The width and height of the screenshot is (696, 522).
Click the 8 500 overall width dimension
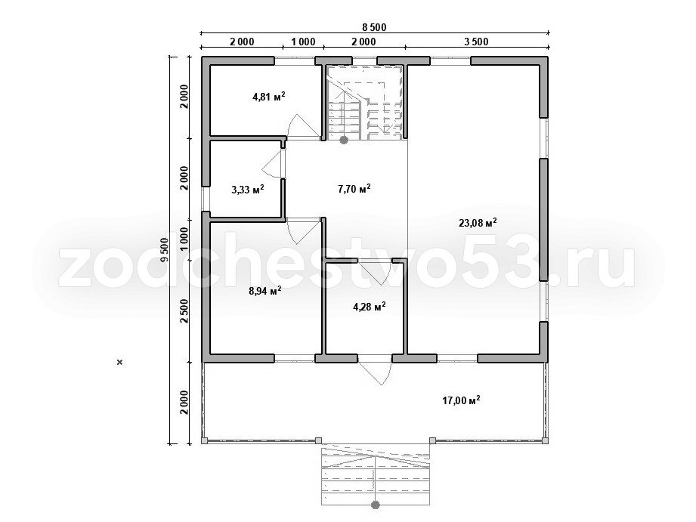tap(374, 27)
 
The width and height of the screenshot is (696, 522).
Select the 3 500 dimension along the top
tap(476, 42)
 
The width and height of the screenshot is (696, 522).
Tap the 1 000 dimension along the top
tap(303, 42)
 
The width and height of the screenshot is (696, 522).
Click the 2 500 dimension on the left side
tap(184, 311)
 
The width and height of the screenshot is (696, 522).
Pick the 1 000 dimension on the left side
tap(184, 239)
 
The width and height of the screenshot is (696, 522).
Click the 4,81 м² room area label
tap(268, 97)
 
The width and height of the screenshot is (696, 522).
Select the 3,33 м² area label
tap(248, 190)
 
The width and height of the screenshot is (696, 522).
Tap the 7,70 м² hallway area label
tap(354, 189)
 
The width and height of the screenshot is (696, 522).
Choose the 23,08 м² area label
tap(478, 222)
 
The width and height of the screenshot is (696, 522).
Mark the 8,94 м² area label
tap(265, 291)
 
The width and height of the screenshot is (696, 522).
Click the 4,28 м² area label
tap(369, 306)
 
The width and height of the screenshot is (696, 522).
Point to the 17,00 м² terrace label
tap(461, 400)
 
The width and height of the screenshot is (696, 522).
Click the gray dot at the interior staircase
tap(344, 141)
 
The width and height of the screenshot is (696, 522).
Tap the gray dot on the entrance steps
tap(376, 505)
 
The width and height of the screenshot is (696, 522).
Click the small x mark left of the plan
tap(119, 362)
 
